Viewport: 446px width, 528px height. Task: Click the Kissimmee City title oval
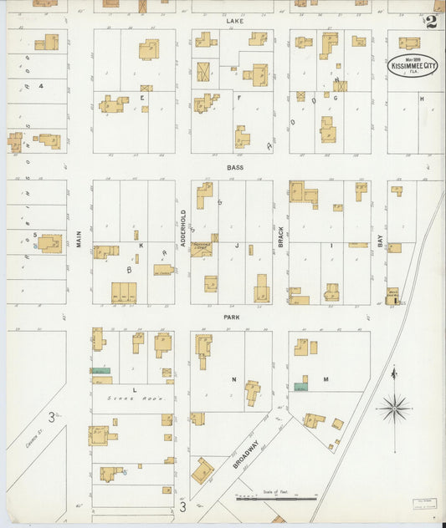point(413,66)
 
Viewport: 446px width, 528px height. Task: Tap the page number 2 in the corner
point(430,22)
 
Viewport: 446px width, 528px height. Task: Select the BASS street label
point(234,168)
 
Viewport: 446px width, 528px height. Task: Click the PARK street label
point(232,317)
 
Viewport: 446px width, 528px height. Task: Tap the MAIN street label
point(79,239)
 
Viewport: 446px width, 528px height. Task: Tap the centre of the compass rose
point(393,409)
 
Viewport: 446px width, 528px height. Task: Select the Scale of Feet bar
point(276,499)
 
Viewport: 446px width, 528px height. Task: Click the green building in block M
point(300,387)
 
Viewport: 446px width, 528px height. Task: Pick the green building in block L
point(100,370)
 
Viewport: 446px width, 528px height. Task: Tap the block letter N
point(233,379)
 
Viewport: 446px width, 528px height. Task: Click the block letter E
point(142,98)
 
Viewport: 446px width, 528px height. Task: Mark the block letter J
point(237,246)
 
